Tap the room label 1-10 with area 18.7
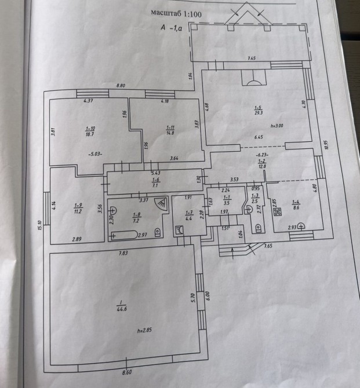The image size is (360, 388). (90, 130)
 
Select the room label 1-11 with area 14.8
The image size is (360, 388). (170, 130)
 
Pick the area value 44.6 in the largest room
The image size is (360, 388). (122, 309)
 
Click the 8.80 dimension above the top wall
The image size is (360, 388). (121, 86)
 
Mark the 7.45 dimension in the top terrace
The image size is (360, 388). (252, 58)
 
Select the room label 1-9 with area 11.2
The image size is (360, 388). (78, 208)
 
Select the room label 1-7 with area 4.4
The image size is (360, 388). (188, 216)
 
